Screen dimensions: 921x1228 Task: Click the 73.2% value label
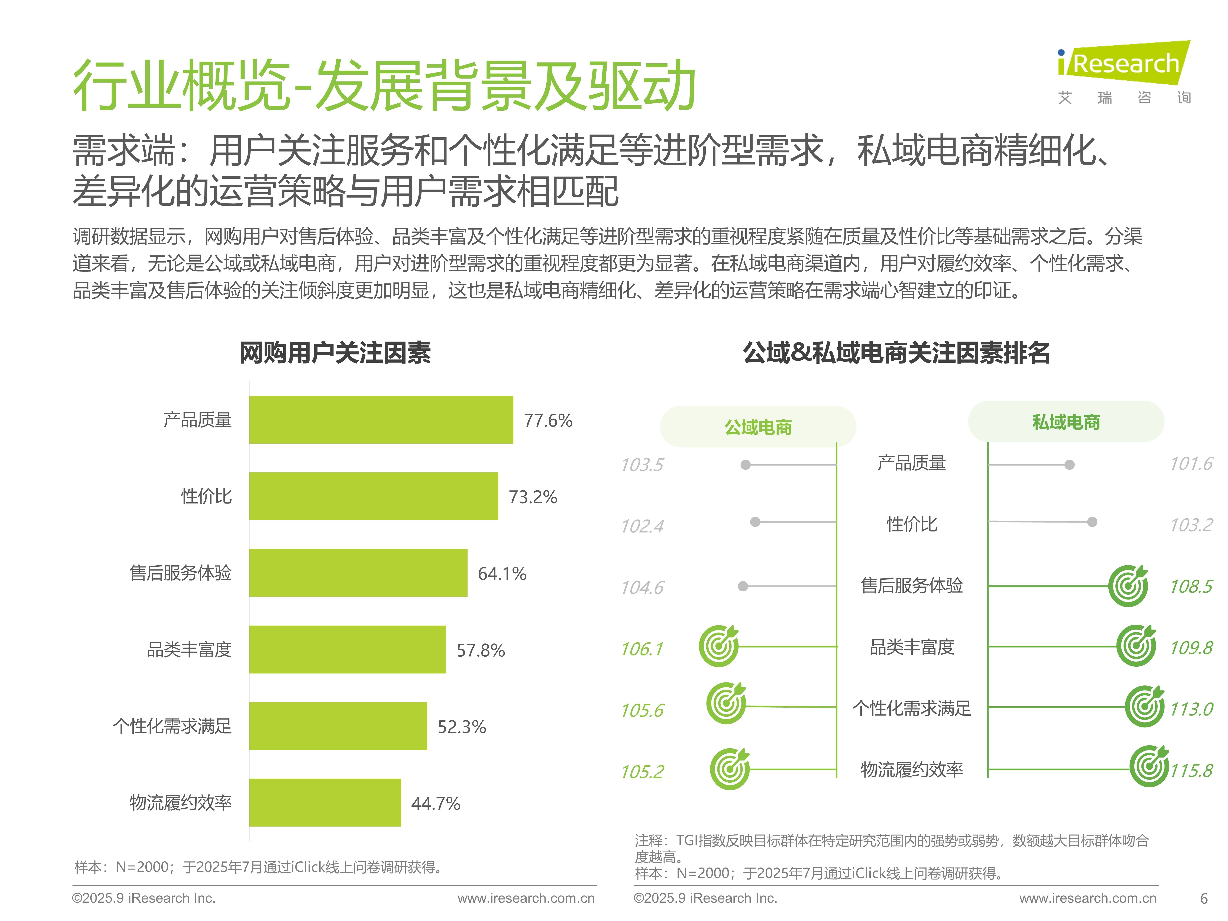point(532,497)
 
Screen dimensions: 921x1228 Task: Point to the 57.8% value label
point(480,650)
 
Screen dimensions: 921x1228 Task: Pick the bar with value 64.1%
point(358,573)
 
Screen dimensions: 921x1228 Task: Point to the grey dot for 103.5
point(746,465)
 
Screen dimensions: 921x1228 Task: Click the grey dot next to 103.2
point(1092,522)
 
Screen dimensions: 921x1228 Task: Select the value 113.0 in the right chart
point(1191,709)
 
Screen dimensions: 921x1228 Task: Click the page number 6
point(1203,898)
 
